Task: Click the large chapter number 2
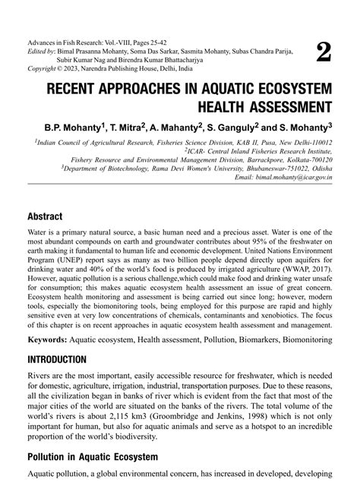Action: pos(323,52)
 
